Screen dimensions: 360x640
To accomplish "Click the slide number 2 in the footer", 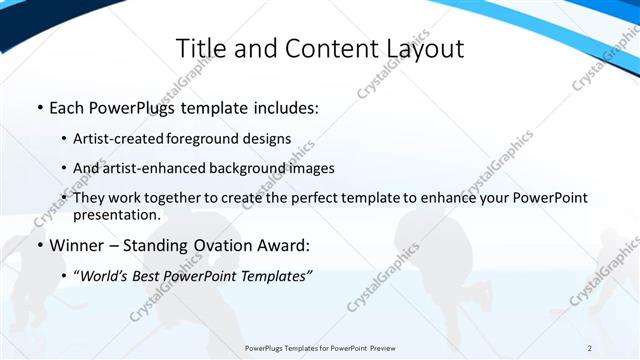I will (x=590, y=348).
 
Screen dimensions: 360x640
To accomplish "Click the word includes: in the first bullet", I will (x=283, y=107).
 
